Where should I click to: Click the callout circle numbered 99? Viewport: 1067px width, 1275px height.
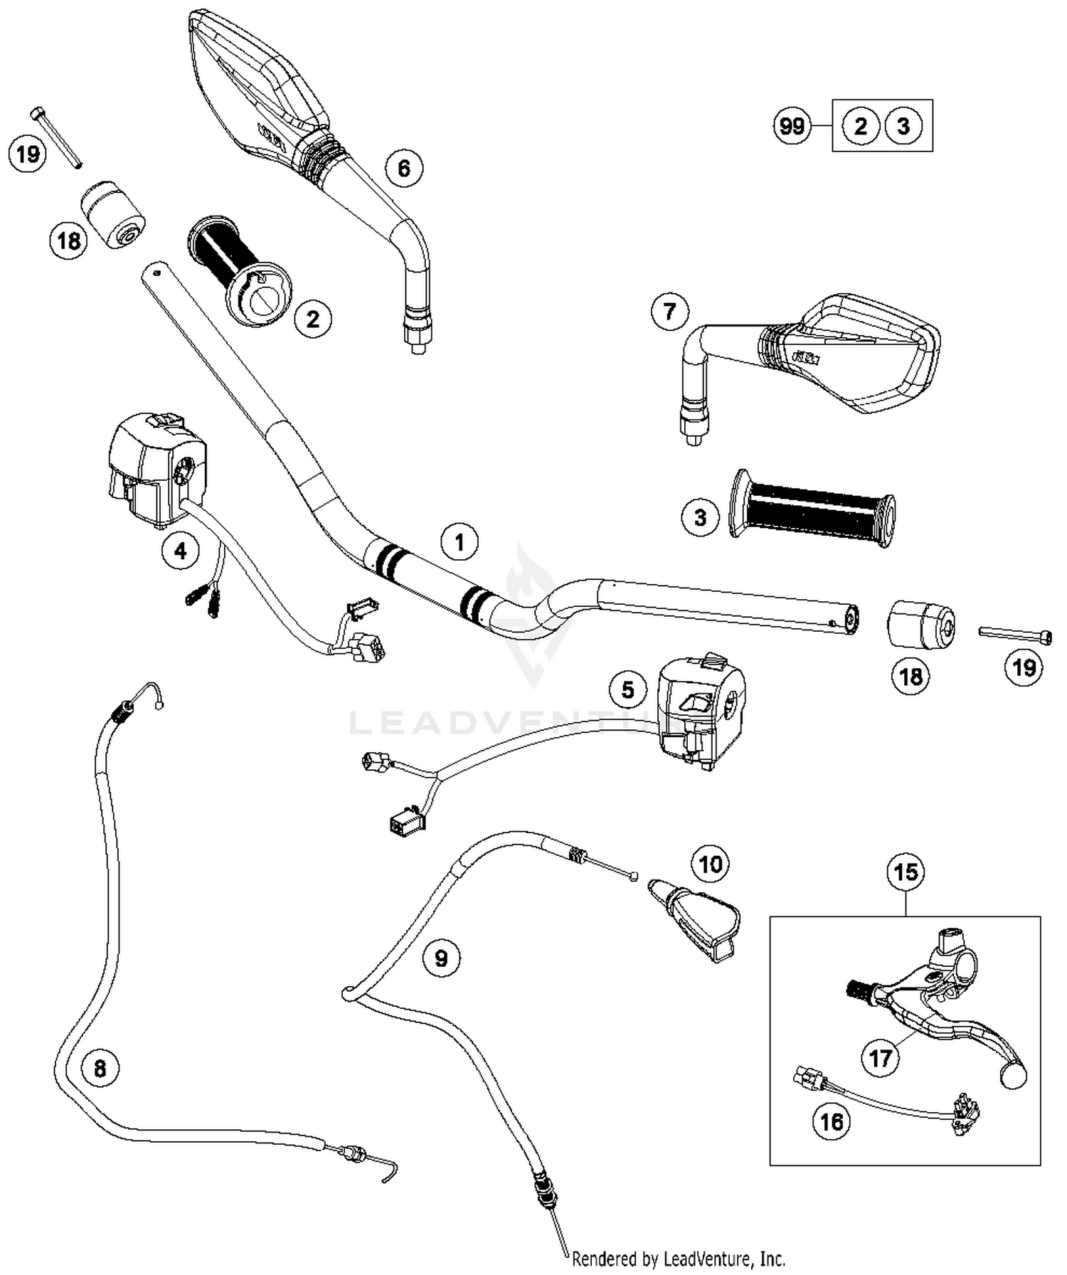click(792, 127)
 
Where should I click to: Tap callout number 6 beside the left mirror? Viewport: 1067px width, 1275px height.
click(403, 169)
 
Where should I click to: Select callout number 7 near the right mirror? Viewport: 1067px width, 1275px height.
click(669, 312)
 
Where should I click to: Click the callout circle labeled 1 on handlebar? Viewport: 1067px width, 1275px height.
click(460, 542)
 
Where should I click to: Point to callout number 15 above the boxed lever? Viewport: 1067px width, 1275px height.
click(906, 872)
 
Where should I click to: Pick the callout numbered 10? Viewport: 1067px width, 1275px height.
click(710, 864)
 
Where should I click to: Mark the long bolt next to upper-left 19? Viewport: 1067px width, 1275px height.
click(57, 137)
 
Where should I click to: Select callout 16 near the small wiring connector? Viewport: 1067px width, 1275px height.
click(832, 1122)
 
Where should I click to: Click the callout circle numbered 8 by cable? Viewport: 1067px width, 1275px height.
click(100, 1069)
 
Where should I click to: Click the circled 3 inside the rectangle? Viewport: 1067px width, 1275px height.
click(903, 127)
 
